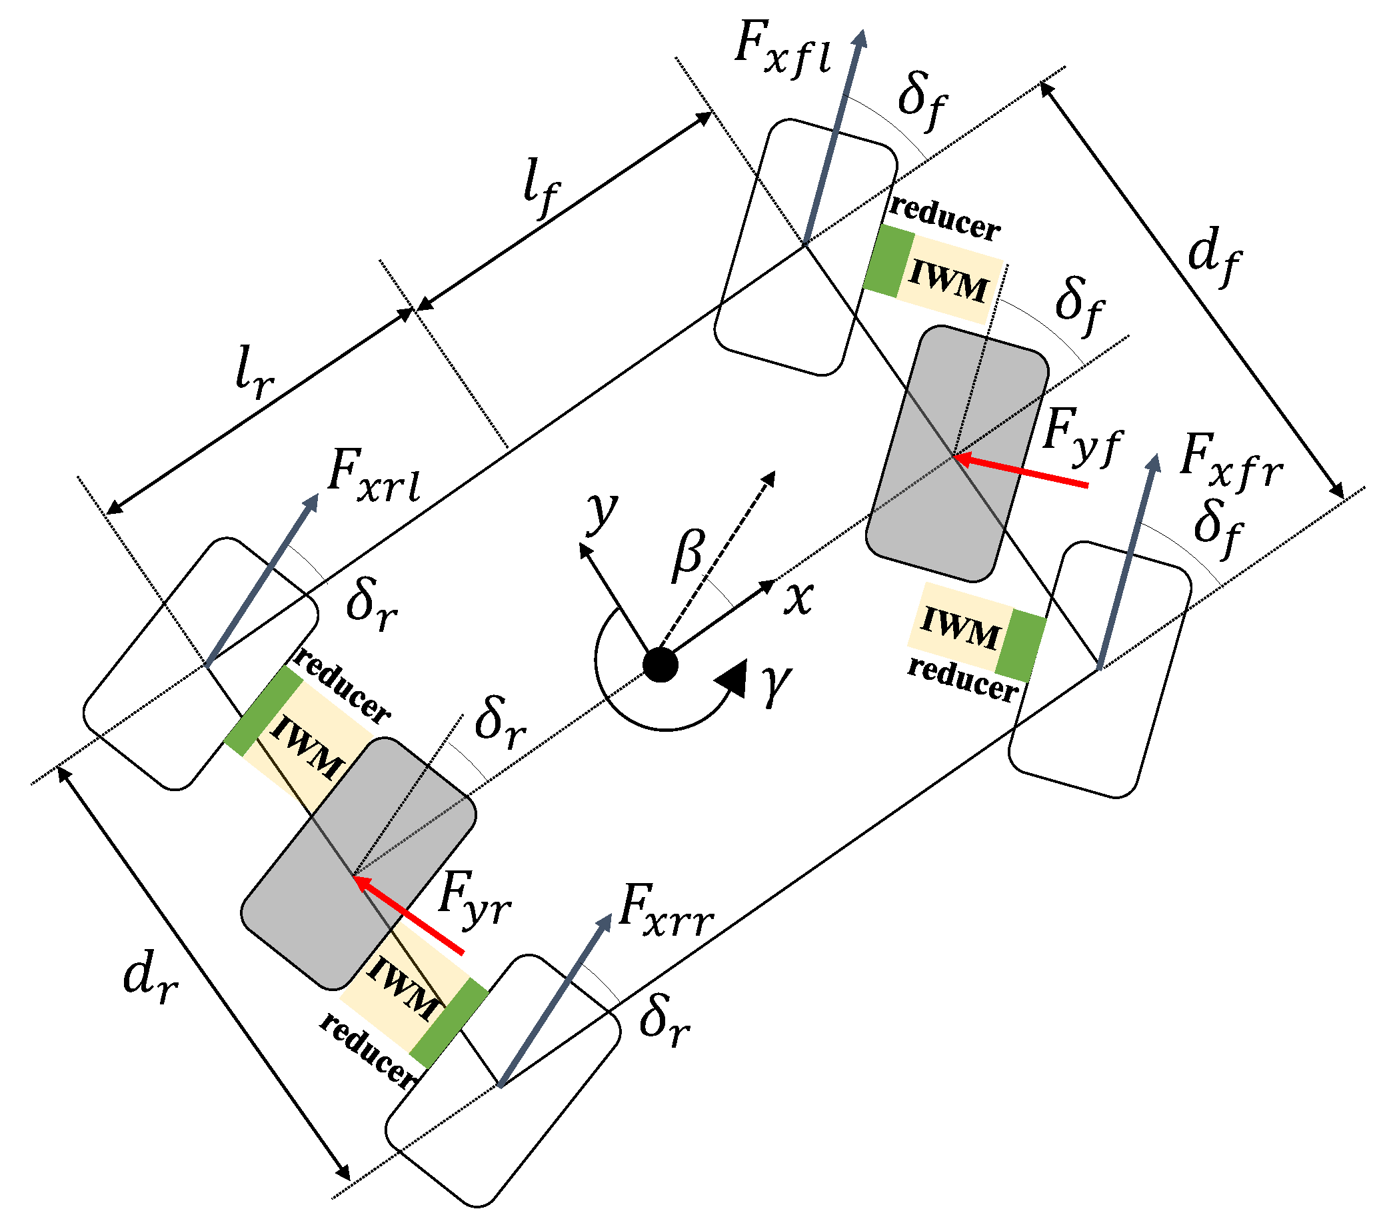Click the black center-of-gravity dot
(x=661, y=664)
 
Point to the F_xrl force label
(x=373, y=477)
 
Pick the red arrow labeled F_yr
(x=410, y=916)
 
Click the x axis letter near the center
(x=798, y=599)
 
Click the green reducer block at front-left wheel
(x=889, y=262)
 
